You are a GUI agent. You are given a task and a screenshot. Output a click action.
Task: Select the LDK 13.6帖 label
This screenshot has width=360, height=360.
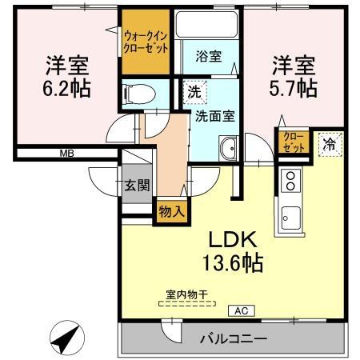coord(233,250)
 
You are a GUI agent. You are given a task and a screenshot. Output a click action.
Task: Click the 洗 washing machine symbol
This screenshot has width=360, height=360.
coord(194,92)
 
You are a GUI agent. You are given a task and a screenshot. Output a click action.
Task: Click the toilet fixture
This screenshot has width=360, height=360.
coord(137,94)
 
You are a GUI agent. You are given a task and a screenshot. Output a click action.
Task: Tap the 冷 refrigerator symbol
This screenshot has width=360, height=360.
coord(330,145)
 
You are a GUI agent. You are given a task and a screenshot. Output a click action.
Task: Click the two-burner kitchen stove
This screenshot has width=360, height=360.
coord(290,180)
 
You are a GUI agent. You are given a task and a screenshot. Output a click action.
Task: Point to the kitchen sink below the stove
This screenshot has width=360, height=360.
coord(290,215)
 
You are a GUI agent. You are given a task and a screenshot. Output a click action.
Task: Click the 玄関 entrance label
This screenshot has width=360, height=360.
coord(136,186)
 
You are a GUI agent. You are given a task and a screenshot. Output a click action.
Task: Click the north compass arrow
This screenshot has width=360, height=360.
coord(65,338)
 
